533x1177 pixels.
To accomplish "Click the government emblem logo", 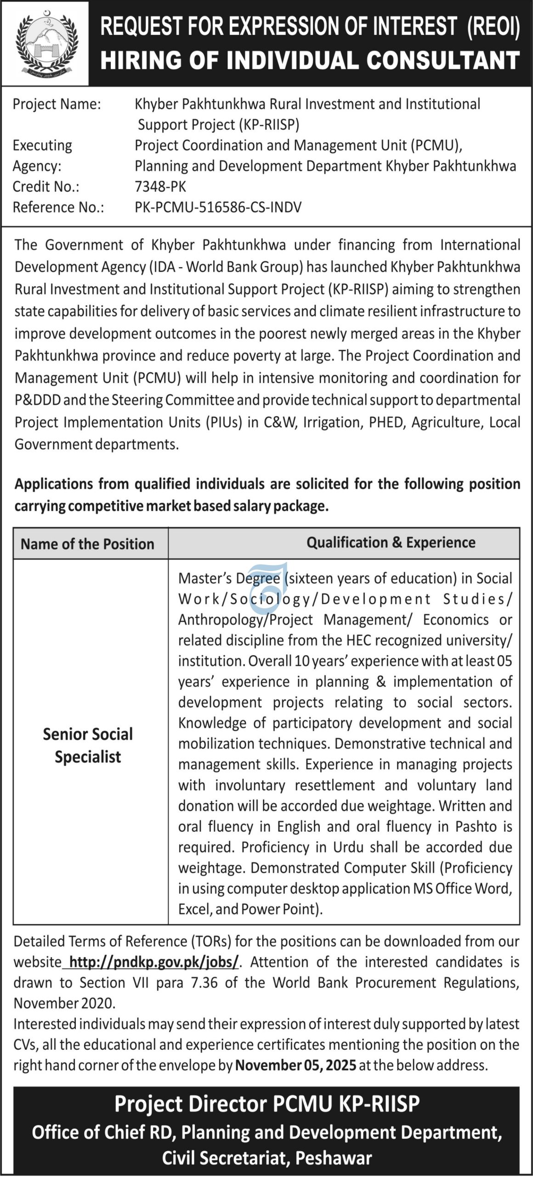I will coord(45,43).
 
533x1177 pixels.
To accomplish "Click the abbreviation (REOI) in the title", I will coord(493,27).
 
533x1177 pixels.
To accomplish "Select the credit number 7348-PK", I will coord(160,186).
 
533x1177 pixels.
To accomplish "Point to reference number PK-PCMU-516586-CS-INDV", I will coord(218,207).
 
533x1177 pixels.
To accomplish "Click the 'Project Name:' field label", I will coord(57,104).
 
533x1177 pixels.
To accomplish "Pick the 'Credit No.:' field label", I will coord(46,186).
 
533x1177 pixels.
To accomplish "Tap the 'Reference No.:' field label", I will coord(58,207).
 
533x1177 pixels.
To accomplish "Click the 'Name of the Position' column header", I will coord(87,544).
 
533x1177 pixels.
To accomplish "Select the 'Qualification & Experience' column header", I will coord(391,543).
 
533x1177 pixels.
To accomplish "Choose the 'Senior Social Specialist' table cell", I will coord(88,745).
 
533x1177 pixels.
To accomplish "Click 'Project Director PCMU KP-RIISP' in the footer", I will coord(266,1103).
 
